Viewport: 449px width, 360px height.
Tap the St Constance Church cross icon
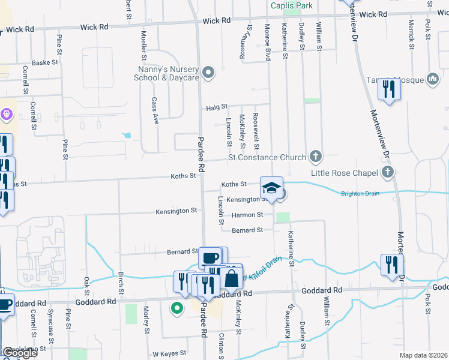(x=316, y=157)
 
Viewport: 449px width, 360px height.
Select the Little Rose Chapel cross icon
(x=388, y=173)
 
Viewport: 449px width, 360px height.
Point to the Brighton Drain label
(x=362, y=193)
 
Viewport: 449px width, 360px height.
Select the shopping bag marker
(x=231, y=278)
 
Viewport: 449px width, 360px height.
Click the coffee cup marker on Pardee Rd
(x=209, y=258)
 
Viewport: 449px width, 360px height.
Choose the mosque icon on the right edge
(x=433, y=79)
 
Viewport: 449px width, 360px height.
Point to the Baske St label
(x=44, y=62)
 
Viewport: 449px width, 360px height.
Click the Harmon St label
(x=252, y=214)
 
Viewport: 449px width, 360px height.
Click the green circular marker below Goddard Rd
(x=176, y=309)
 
